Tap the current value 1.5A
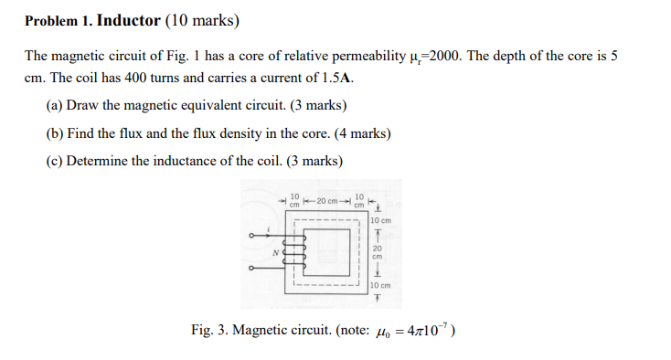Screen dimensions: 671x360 pyautogui.click(x=335, y=78)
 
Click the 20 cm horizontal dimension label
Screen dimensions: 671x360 pyautogui.click(x=326, y=201)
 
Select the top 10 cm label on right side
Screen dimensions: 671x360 pyautogui.click(x=380, y=220)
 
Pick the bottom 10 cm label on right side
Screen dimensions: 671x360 pyautogui.click(x=380, y=285)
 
